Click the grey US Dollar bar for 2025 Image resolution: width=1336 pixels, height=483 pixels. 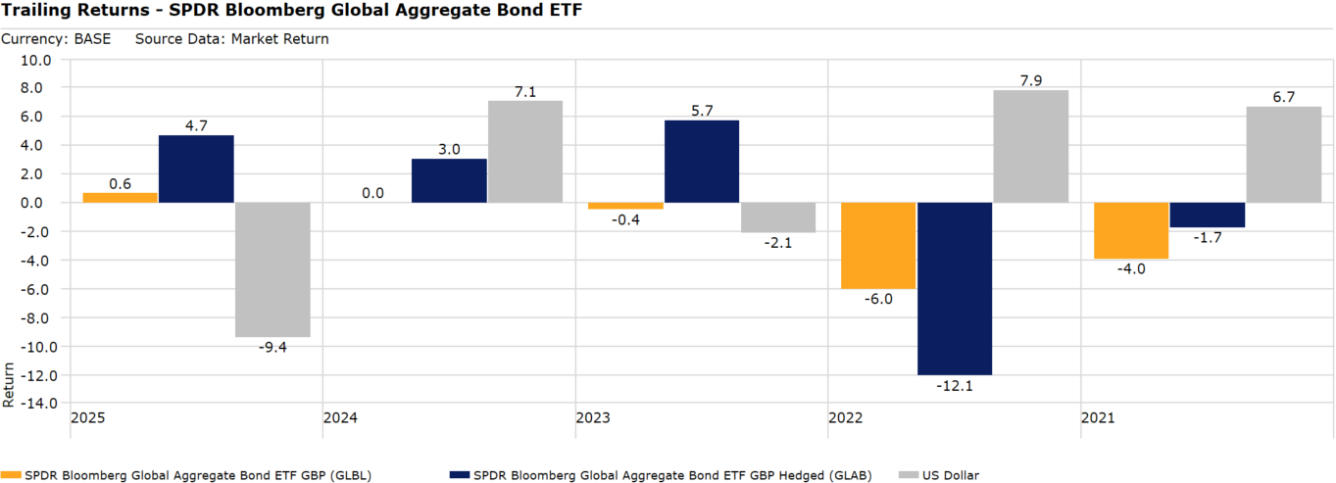(x=272, y=269)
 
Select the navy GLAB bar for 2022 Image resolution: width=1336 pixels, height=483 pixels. (x=954, y=289)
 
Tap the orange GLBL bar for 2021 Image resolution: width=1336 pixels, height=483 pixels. (x=1131, y=230)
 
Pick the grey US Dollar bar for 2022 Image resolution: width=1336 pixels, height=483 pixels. (x=1030, y=146)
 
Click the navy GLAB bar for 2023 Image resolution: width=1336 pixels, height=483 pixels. (x=702, y=162)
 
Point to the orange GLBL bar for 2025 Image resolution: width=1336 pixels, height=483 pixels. (x=120, y=198)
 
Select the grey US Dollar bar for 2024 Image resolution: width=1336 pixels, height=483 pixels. (x=524, y=152)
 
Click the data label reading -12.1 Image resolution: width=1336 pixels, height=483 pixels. (x=954, y=386)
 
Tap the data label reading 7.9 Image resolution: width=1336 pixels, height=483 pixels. (x=1030, y=79)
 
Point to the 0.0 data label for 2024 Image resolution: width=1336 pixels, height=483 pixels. (x=372, y=194)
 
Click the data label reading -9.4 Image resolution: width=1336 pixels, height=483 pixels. (x=272, y=348)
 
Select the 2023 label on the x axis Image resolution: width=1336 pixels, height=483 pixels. (x=592, y=418)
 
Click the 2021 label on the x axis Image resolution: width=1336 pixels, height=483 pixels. (x=1097, y=418)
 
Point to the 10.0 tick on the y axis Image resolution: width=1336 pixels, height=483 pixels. (x=36, y=60)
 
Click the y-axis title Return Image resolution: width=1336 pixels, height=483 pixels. (x=9, y=385)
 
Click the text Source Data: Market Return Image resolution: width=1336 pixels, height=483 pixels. (x=231, y=39)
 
